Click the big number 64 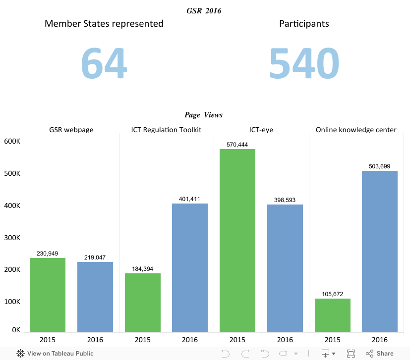104,63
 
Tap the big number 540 304,63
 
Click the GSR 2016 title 204,10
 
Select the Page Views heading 204,115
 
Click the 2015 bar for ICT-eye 237,240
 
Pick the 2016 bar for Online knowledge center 380,251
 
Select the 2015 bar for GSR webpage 48,295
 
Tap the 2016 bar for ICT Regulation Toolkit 190,267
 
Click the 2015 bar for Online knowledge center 332,315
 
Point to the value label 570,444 237,145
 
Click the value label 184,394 142,269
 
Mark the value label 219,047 95,257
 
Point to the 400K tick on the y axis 12,206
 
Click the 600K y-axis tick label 12,141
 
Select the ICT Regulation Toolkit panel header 166,130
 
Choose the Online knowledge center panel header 356,130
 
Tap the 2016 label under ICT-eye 285,340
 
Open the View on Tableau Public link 55,354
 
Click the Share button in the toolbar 380,354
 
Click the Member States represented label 104,23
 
